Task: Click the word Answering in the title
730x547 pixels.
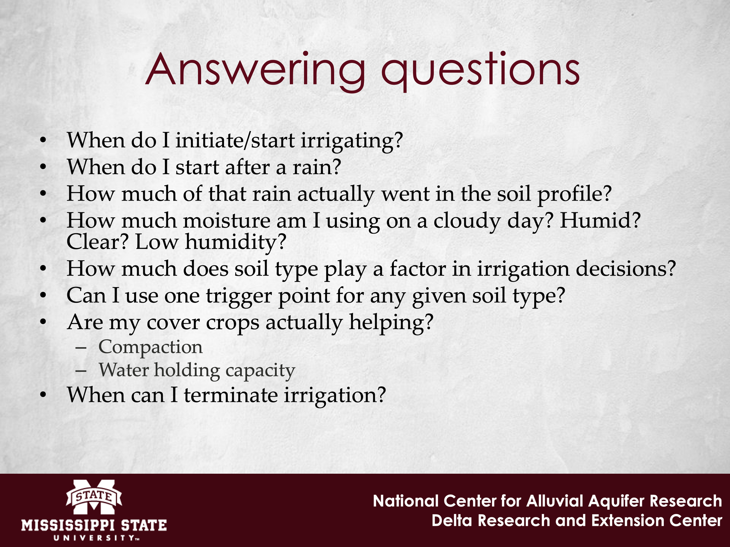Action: [255, 71]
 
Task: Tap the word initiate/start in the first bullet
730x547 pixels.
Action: [235, 140]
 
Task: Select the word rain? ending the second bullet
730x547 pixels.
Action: [317, 167]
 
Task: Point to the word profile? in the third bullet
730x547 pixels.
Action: [574, 194]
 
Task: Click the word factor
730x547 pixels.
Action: [417, 269]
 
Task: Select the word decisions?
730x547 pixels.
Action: [626, 269]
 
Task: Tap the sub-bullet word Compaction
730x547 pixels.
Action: [151, 347]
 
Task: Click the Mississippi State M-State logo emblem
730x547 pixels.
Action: [94, 496]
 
